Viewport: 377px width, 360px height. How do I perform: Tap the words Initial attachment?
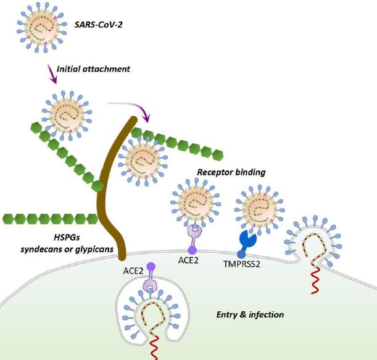click(93, 69)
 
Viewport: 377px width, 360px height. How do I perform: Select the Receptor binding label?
click(231, 172)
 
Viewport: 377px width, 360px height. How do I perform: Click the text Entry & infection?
click(249, 314)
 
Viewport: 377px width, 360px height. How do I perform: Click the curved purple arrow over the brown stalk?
click(129, 107)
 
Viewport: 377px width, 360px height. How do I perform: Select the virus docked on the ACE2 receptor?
click(194, 202)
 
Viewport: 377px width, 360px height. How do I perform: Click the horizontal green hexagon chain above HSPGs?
click(49, 219)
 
